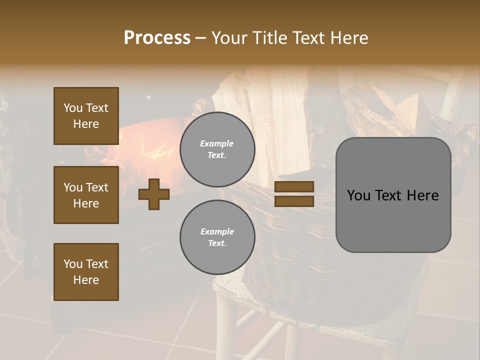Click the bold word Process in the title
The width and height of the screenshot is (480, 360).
pos(157,37)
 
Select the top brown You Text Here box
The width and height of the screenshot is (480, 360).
pos(86,116)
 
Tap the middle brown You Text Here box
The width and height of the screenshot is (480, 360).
pos(86,195)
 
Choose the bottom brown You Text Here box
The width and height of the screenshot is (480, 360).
pos(86,272)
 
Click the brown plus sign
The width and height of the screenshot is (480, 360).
pos(154,194)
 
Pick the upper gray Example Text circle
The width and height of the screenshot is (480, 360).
pos(217,149)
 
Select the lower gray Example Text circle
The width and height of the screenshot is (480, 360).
pos(217,237)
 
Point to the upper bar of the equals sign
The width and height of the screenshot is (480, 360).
pos(294,186)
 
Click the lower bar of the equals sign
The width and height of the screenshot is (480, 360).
pos(294,201)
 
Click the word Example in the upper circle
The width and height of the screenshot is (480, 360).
pos(216,143)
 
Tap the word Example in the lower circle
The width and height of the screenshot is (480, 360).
pos(217,231)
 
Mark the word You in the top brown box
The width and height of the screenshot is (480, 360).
pos(72,108)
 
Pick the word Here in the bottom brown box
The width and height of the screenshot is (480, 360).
pos(86,280)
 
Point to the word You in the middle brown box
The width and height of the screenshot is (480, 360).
pos(72,187)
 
